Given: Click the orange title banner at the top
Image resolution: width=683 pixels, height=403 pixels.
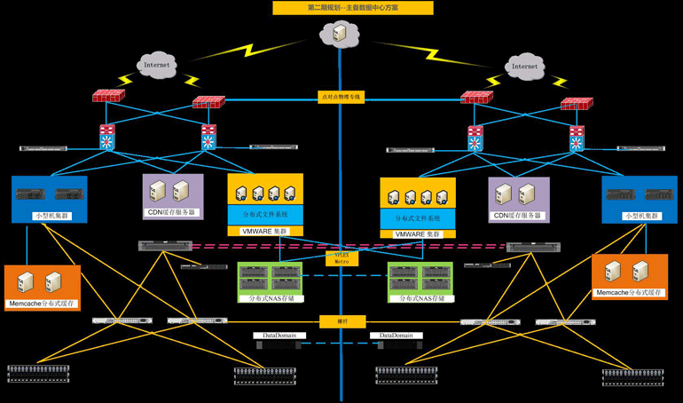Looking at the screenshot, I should coord(352,8).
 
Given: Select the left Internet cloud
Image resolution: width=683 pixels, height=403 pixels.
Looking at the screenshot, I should coord(156,64).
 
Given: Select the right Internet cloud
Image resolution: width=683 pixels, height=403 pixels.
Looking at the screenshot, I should coord(524,66).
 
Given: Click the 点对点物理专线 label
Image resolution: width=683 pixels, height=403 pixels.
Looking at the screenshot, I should coord(341,97).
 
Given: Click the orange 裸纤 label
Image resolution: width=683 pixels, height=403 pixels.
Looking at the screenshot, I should coord(341,321).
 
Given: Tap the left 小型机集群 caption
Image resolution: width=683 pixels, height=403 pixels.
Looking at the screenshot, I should coord(49,216).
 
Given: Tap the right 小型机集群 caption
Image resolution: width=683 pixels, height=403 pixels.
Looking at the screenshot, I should coord(639,216).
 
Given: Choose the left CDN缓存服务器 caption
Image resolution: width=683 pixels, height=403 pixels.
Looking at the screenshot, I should coord(172,213).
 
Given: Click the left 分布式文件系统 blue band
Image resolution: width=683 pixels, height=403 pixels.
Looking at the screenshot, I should coord(266,215).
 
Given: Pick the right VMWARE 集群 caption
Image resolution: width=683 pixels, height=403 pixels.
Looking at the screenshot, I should coord(418,234).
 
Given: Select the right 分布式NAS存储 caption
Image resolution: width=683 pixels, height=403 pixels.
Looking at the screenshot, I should coord(421,298).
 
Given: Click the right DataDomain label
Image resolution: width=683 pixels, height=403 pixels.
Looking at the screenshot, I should coord(397,336).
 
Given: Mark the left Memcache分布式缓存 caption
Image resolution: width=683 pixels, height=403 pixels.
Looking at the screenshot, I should coord(42,304).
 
